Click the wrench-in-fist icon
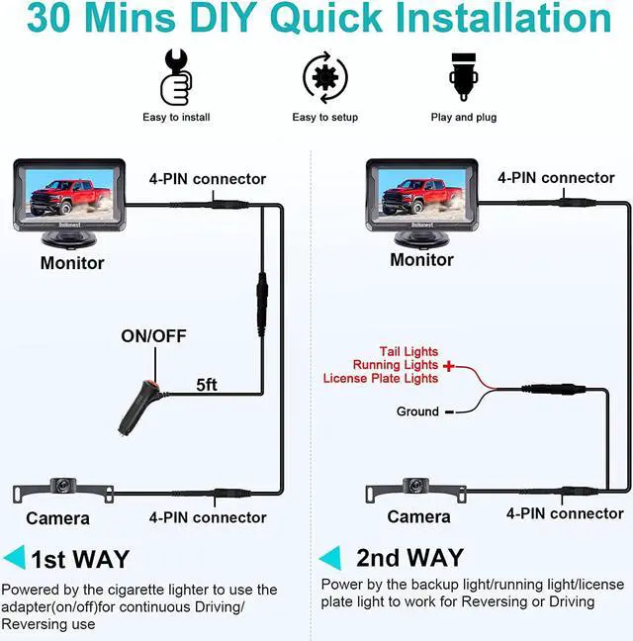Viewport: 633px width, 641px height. pos(176,77)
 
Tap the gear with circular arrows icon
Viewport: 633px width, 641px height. pos(325,77)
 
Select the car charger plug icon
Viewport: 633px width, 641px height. pos(464,77)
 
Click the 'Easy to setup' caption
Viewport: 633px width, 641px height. pos(324,118)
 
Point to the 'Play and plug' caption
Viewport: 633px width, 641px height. pos(464,118)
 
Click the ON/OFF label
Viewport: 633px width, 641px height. pos(153,336)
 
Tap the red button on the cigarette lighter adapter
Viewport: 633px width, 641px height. pos(153,384)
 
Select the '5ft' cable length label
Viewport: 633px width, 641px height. pos(207,385)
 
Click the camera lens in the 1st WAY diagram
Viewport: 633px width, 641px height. pos(63,485)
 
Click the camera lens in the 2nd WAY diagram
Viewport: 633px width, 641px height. pos(415,485)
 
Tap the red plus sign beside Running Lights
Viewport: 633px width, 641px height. pos(449,365)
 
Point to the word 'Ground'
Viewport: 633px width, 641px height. pos(417,412)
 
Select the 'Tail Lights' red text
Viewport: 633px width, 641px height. pos(408,351)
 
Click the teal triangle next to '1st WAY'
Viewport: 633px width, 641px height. pos(14,558)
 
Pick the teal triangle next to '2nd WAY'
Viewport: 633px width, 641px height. pos(329,558)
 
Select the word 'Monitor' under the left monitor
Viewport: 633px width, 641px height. pos(72,263)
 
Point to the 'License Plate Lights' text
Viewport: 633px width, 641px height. pos(381,379)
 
